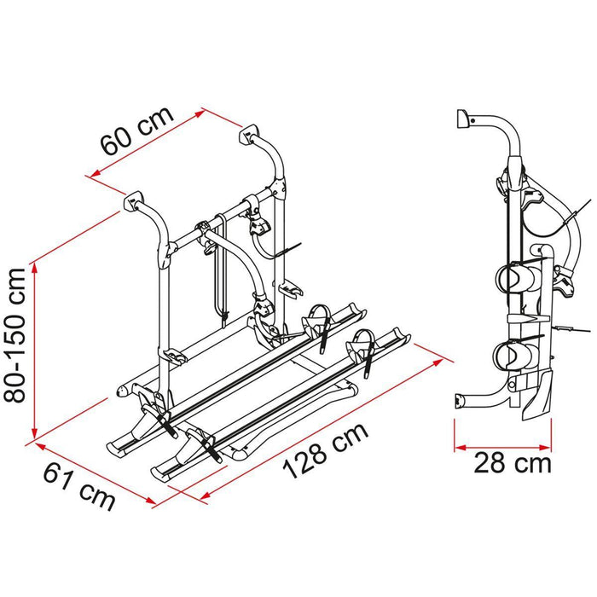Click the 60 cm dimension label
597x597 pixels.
(136, 130)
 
